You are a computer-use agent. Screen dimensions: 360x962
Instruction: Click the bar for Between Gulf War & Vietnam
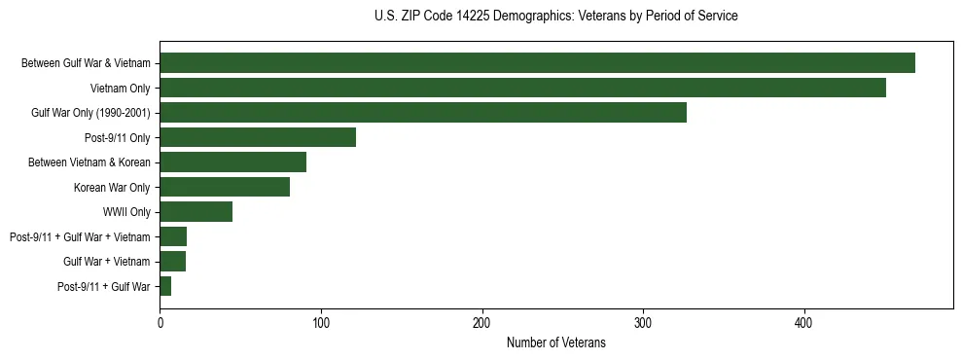(x=537, y=63)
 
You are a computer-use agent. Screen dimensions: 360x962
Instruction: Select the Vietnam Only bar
(x=522, y=88)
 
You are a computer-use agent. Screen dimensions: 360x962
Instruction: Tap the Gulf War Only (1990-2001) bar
(x=423, y=113)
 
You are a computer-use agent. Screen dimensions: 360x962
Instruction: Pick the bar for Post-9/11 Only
(x=258, y=137)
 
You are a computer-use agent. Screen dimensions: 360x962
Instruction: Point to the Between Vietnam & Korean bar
(x=232, y=162)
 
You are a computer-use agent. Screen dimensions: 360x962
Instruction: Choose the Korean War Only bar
(x=225, y=187)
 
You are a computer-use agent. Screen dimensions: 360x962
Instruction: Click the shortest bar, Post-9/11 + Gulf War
(x=165, y=286)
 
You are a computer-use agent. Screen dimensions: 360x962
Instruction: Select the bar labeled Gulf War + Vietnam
(x=172, y=262)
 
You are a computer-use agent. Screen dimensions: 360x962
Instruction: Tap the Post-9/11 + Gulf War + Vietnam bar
(x=173, y=236)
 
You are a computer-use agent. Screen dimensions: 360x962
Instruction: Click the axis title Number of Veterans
(x=555, y=342)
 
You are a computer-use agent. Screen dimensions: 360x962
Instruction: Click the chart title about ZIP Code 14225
(x=555, y=17)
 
